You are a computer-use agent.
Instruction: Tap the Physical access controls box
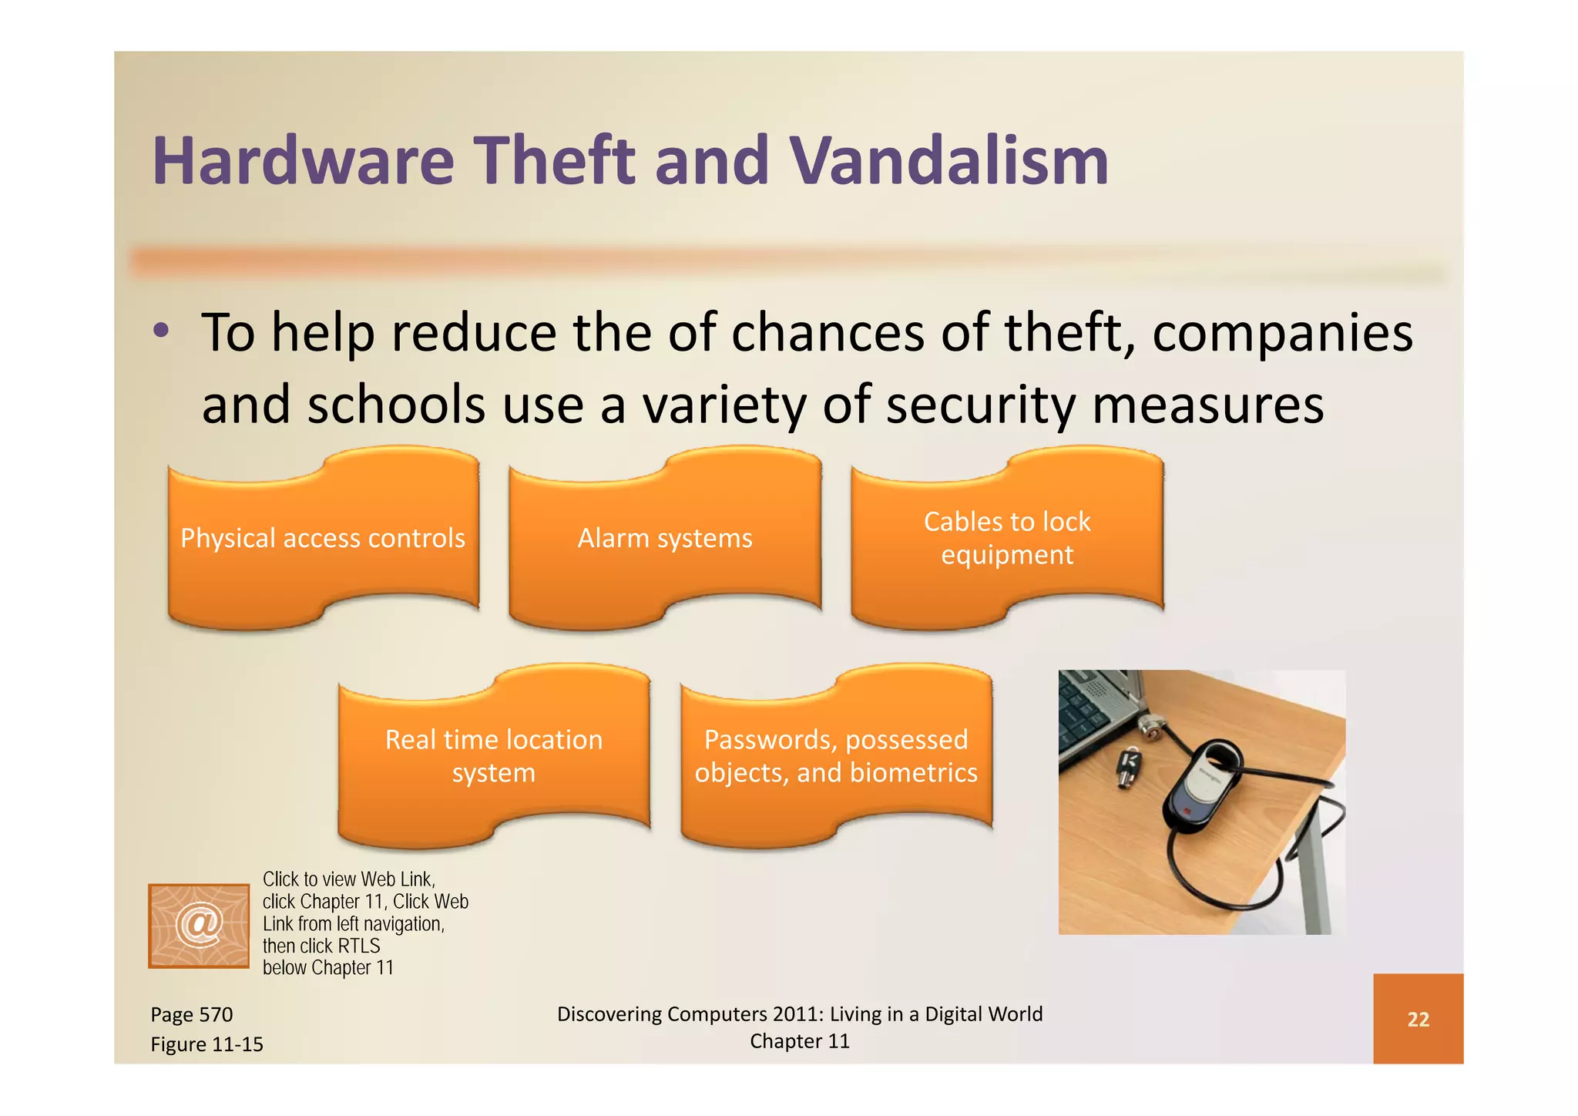click(x=323, y=538)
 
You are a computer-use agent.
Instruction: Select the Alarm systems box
click(x=665, y=538)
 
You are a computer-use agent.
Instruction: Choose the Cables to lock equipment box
click(x=1007, y=538)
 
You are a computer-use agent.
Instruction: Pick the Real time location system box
click(x=494, y=756)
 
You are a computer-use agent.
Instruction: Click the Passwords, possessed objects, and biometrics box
click(x=836, y=756)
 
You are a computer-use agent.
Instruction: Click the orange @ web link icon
click(x=199, y=925)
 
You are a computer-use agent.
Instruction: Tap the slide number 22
click(x=1418, y=1019)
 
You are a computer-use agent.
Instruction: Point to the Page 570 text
click(x=192, y=1014)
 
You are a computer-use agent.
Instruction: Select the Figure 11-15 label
click(x=206, y=1044)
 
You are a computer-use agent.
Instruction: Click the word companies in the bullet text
click(x=1282, y=333)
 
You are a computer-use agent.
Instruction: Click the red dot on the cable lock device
click(x=1187, y=812)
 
